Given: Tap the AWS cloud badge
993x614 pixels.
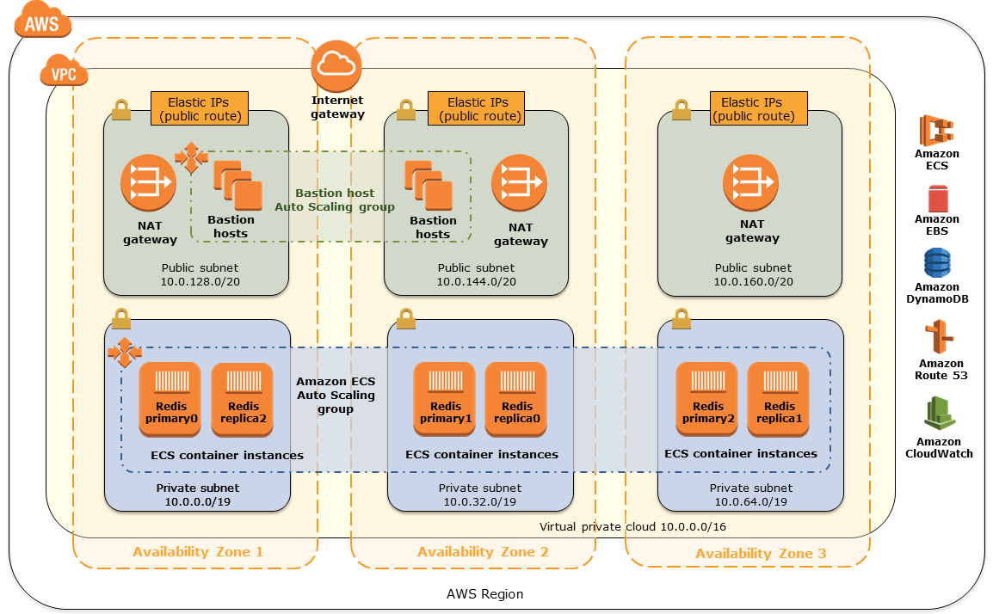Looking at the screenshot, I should (42, 23).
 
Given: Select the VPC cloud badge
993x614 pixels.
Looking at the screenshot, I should (64, 73).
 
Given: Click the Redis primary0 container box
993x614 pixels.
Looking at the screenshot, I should (170, 399).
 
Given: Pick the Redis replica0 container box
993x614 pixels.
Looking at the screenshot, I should (515, 399).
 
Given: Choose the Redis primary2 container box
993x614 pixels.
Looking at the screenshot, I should (706, 399).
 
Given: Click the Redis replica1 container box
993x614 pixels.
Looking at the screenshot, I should (778, 399).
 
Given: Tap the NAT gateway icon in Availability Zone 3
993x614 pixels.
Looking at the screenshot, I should (751, 182).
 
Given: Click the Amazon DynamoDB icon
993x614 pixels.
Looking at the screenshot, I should (937, 263).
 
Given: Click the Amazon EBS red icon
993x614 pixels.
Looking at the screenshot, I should (937, 199).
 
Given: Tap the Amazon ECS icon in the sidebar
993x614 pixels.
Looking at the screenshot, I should (936, 131).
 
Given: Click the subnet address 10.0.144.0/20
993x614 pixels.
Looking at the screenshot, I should (476, 281).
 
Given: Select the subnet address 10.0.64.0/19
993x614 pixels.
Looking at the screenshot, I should (750, 501).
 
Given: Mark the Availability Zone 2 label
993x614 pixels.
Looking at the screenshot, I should (483, 552).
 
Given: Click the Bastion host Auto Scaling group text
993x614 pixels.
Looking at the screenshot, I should (334, 200).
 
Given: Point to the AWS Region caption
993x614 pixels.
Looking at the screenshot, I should (484, 594).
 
